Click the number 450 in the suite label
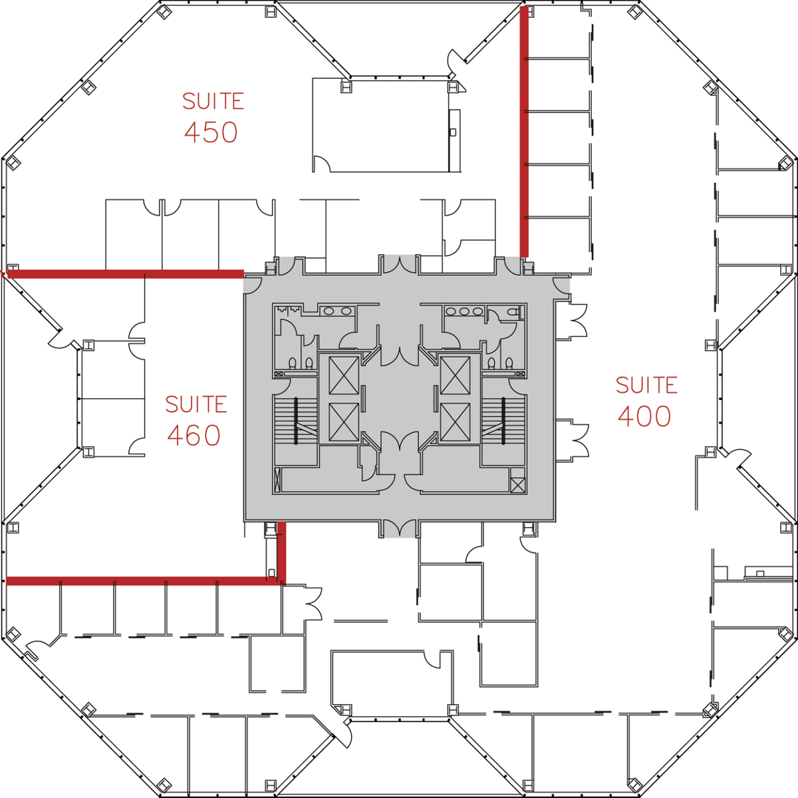point(211,132)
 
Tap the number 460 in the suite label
point(194,435)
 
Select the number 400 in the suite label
point(644,416)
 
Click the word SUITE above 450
point(213,101)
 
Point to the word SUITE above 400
point(646,385)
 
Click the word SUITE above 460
point(196,404)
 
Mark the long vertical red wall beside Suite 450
point(524,132)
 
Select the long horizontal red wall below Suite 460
point(143,581)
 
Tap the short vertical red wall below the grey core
point(281,552)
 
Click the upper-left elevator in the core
point(344,375)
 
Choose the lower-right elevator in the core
point(455,422)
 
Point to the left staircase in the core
point(296,421)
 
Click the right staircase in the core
point(503,421)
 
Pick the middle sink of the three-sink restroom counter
point(464,311)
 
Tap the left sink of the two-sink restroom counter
point(329,311)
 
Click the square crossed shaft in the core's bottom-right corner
point(517,485)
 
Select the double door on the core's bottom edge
point(399,528)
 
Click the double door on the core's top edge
point(399,265)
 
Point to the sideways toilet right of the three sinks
point(513,311)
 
